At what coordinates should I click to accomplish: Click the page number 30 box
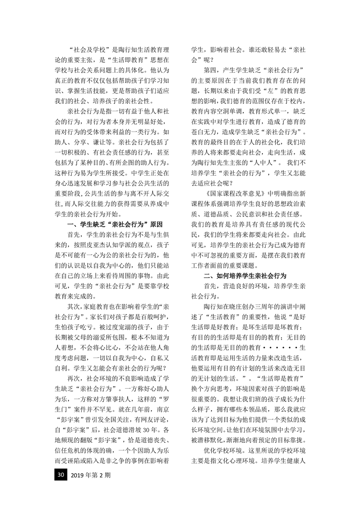60,475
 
